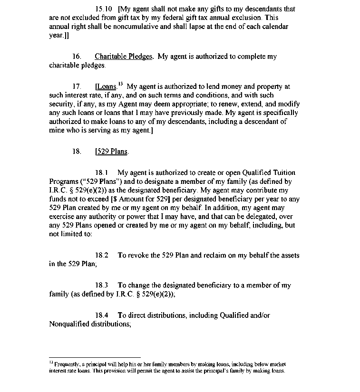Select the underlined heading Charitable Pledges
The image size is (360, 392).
[123, 57]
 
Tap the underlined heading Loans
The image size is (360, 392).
[106, 87]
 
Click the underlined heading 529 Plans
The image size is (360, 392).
[112, 152]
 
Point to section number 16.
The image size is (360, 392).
[77, 57]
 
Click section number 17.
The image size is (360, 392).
[77, 87]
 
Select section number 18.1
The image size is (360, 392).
[102, 173]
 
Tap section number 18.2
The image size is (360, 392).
[102, 255]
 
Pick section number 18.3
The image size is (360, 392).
[102, 286]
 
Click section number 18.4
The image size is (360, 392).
[102, 316]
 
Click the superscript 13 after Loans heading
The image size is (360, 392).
[120, 84]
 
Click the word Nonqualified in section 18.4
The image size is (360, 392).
[70, 324]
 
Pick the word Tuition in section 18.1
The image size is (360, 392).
[283, 173]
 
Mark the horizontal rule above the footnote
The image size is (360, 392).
[95, 357]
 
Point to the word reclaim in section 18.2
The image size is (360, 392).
[215, 255]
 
